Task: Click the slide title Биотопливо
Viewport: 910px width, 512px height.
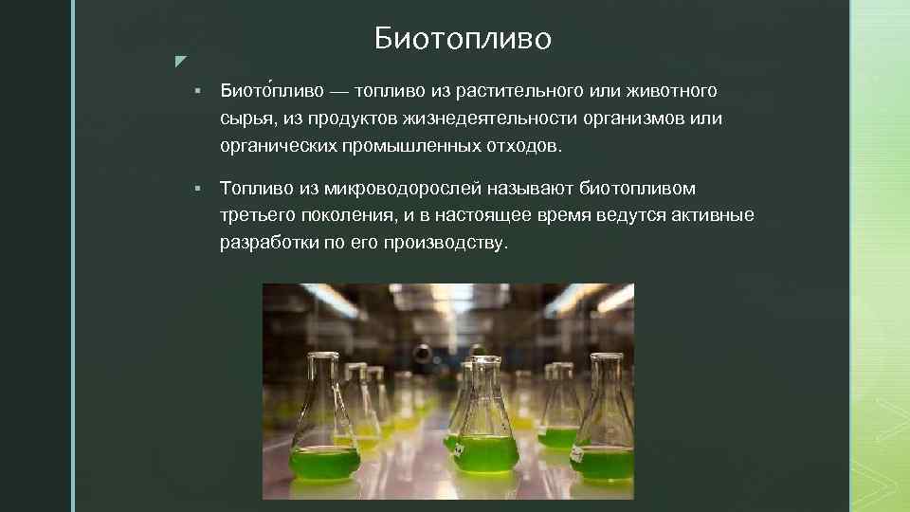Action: (x=463, y=39)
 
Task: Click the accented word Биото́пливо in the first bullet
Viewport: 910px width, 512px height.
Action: (x=270, y=91)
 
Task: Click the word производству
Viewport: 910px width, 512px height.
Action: (x=446, y=244)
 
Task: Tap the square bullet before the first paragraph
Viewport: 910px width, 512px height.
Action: (x=195, y=92)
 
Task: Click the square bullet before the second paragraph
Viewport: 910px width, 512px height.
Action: (x=195, y=189)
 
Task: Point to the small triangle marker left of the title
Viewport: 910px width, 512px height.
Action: (x=180, y=63)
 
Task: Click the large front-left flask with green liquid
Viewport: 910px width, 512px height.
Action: (x=325, y=427)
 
